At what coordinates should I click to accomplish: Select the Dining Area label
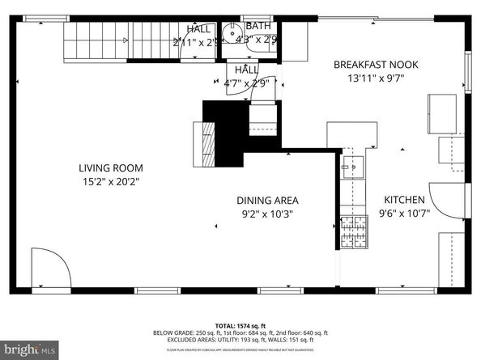pos(267,201)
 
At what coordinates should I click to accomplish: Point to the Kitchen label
pos(405,200)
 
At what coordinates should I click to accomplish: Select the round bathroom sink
pos(233,35)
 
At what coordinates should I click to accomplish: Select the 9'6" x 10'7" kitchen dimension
pos(405,214)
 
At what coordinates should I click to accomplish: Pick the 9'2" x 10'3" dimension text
pos(267,214)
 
